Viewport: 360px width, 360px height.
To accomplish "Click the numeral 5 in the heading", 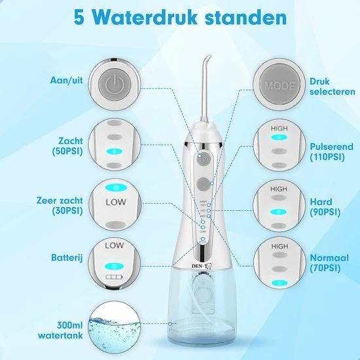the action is tap(79, 18).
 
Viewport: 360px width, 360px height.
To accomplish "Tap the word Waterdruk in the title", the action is tap(145, 18).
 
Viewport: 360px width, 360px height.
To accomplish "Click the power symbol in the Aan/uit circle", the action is tap(115, 84).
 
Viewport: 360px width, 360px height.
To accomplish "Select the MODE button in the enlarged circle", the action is tap(279, 85).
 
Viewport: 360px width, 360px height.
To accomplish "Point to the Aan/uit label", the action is tap(67, 81).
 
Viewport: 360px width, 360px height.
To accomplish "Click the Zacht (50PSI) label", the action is tap(67, 146).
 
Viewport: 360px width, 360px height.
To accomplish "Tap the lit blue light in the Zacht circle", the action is tap(115, 152).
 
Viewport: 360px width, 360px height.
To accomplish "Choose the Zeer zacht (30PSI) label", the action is tap(60, 206).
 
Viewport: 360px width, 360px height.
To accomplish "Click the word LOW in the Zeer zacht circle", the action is tap(116, 202).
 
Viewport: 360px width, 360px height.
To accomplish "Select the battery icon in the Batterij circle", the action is tap(114, 277).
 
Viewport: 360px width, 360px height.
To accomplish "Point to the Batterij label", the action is tap(67, 258).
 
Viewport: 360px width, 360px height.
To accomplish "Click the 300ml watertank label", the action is tap(60, 330).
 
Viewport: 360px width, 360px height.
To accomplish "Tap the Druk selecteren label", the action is tap(333, 86).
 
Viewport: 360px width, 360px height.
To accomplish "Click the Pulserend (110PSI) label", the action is tap(332, 152).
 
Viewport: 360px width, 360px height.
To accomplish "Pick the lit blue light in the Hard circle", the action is tap(278, 211).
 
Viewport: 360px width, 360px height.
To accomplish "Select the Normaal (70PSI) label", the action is tap(329, 262).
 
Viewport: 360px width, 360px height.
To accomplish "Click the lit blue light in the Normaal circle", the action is tap(279, 283).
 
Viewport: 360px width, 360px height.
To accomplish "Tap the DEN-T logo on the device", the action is tap(202, 266).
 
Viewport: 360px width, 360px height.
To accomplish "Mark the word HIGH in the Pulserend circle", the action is tap(279, 128).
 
